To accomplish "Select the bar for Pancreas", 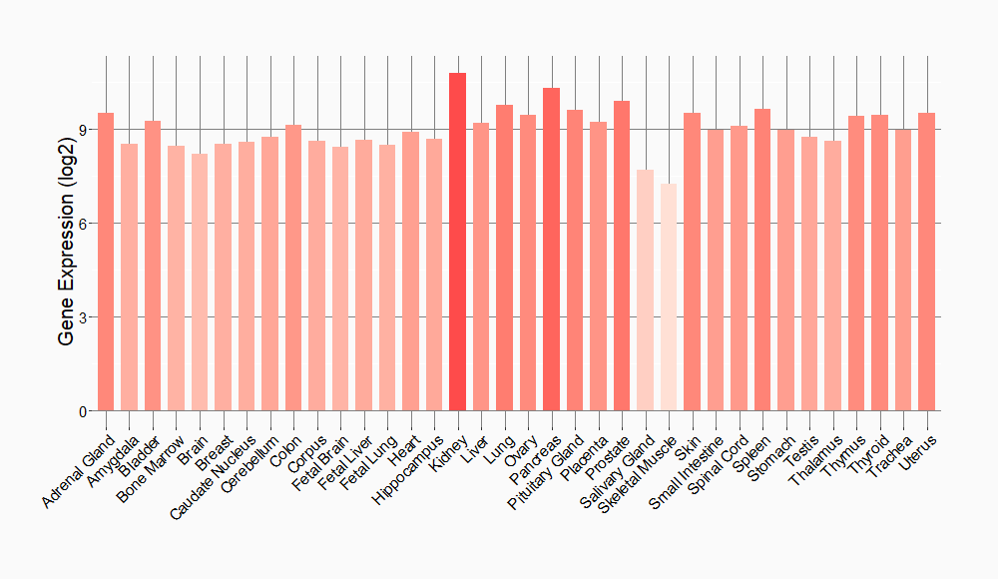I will click(551, 250).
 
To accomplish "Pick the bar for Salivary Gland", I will click(645, 290).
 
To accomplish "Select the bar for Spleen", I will click(762, 260).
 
